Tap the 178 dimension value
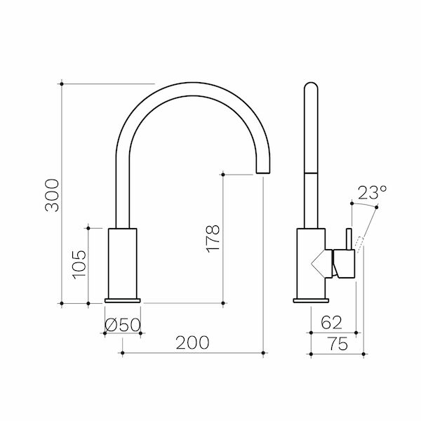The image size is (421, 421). click(215, 239)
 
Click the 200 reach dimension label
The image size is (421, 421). click(192, 342)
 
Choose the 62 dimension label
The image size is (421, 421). click(332, 323)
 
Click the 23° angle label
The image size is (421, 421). click(371, 192)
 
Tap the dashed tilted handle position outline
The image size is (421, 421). click(360, 242)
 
